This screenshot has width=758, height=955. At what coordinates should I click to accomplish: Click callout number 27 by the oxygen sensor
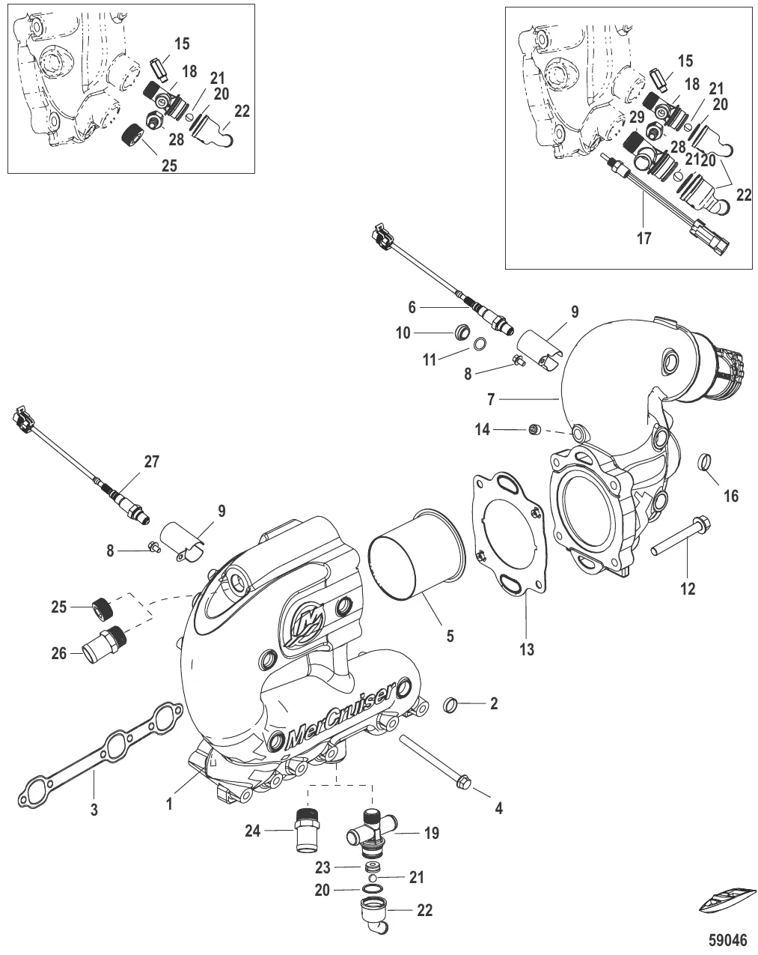click(x=152, y=462)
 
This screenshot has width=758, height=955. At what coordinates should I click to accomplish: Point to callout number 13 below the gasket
click(x=527, y=649)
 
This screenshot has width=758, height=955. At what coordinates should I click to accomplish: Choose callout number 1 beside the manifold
click(x=171, y=804)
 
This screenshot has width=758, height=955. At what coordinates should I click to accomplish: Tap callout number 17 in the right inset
click(x=644, y=239)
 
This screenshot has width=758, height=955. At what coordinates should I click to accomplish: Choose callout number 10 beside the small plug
click(x=403, y=333)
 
